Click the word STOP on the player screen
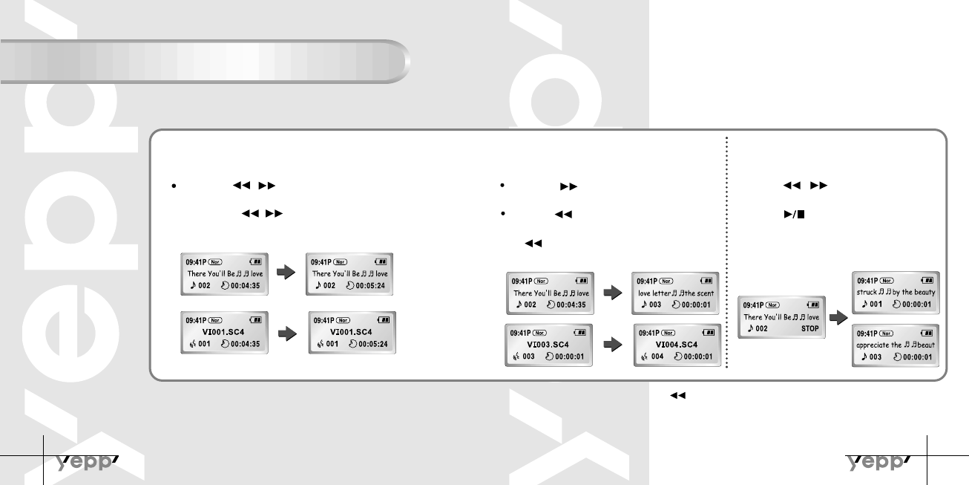[x=810, y=328]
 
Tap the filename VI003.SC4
[x=548, y=345]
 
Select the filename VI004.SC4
[x=677, y=345]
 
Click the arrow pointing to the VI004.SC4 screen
[x=612, y=345]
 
